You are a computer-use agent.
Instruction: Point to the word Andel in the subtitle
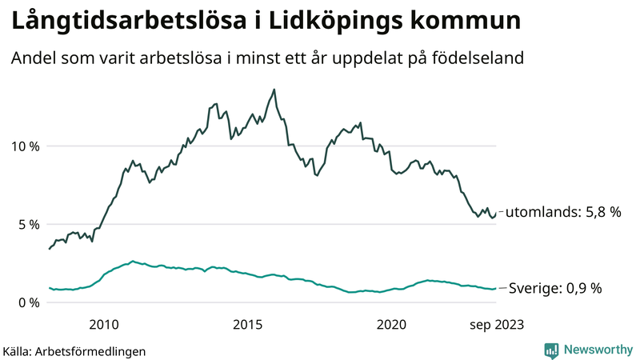pos(32,58)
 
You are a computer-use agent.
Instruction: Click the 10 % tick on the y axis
pos(24,146)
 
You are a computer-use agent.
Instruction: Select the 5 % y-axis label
pos(27,225)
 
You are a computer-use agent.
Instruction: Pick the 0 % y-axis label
pos(27,302)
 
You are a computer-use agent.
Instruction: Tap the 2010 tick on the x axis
pos(105,324)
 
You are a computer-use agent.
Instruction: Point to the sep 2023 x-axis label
pos(496,324)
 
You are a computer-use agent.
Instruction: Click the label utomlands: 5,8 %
pos(564,212)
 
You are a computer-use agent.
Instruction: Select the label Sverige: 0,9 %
pos(554,288)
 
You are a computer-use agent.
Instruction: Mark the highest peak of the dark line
pos(274,90)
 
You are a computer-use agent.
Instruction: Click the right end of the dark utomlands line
pos(496,213)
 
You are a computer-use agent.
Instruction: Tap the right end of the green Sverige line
pos(496,289)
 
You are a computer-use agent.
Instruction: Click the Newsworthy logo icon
pos(551,350)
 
